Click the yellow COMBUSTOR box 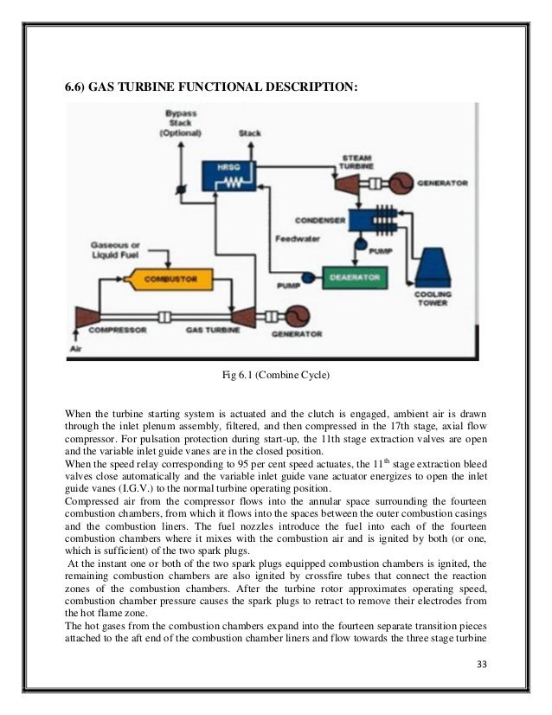point(167,280)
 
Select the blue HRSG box point(222,176)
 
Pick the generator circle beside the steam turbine point(400,184)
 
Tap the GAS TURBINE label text point(214,330)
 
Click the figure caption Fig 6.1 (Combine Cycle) point(276,376)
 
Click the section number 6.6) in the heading point(80,87)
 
